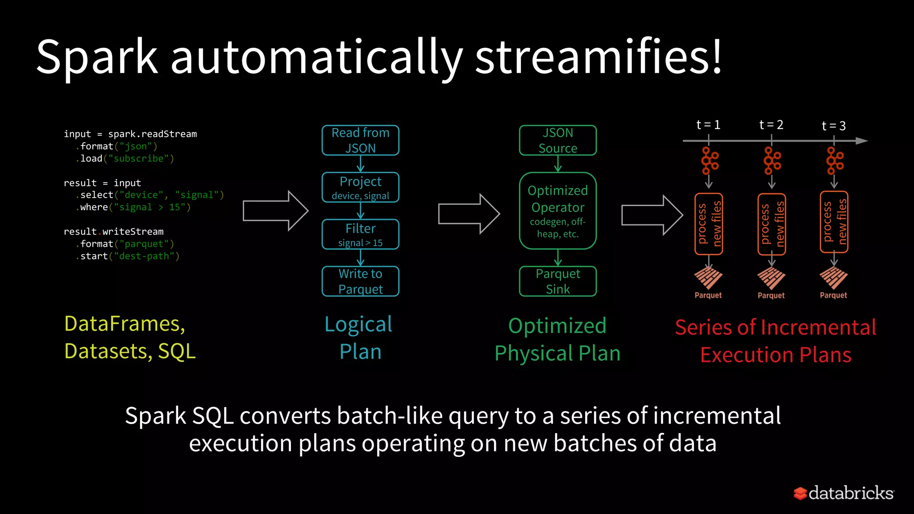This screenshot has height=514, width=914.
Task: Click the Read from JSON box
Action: [360, 140]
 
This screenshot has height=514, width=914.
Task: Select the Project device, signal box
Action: [360, 187]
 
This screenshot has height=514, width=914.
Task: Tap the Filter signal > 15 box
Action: [360, 234]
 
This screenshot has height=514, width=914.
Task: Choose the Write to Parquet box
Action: [360, 281]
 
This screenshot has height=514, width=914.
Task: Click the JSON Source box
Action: [557, 140]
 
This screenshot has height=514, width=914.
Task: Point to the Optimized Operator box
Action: [557, 211]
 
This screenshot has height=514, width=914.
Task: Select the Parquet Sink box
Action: [557, 281]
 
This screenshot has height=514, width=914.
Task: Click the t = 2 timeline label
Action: [771, 125]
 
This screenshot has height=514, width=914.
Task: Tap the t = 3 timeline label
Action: [834, 126]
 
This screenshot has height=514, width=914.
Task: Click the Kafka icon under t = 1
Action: [709, 161]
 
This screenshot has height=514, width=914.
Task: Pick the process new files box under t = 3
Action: [834, 222]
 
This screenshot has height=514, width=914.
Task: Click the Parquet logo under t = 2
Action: [771, 278]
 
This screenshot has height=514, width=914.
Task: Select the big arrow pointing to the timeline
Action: [652, 215]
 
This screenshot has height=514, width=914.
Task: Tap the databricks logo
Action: [843, 493]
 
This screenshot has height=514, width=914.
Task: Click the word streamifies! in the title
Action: [598, 57]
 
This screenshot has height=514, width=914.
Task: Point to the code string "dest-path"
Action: [144, 256]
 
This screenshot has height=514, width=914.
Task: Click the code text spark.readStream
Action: [152, 134]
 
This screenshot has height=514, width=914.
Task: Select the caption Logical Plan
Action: [359, 338]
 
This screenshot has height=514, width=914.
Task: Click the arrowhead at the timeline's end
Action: [862, 141]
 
